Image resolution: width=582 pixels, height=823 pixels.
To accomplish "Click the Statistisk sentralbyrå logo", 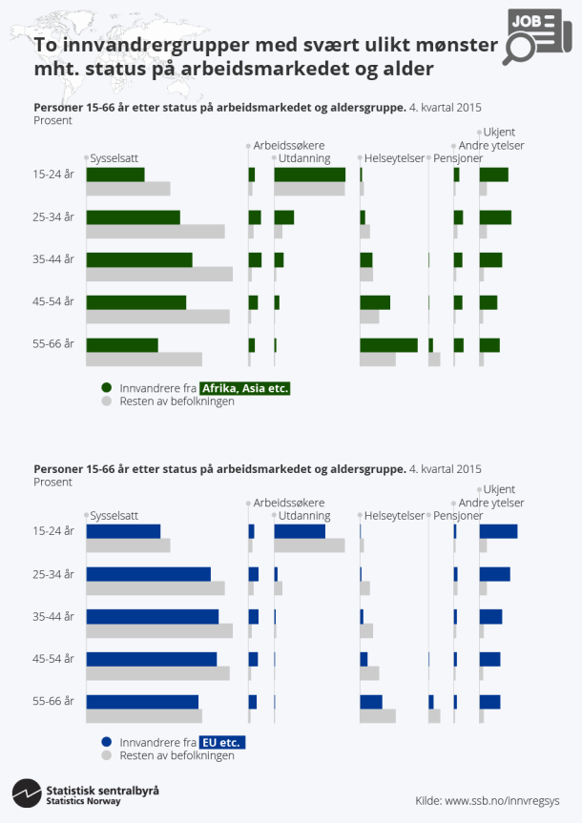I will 86,794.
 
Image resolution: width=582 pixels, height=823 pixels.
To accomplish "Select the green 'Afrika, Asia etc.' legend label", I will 244,388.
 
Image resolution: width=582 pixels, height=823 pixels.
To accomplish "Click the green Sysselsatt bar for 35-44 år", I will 139,259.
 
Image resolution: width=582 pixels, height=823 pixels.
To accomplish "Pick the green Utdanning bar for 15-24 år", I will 309,175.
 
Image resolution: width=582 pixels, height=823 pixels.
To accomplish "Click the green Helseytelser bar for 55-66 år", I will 388,345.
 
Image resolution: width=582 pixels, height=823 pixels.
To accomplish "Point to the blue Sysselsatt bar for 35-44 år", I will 153,616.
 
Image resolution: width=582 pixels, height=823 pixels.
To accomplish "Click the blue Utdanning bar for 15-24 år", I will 300,531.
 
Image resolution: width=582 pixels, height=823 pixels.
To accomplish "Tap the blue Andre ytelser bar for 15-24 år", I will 498,531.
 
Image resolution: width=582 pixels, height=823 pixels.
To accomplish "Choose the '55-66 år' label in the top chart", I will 53,344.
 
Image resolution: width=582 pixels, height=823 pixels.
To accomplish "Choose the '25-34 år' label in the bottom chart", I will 53,574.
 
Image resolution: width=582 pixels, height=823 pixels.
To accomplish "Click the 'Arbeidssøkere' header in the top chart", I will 289,145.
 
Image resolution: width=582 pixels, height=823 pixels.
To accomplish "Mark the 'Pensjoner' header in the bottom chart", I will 458,515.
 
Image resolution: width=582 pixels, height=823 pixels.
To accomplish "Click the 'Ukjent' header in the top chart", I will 499,132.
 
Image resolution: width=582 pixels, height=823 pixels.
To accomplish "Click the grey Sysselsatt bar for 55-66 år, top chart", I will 144,360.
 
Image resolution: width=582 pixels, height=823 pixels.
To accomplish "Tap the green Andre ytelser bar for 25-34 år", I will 495,217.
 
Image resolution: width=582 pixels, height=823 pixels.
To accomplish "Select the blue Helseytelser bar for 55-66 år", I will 371,702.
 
